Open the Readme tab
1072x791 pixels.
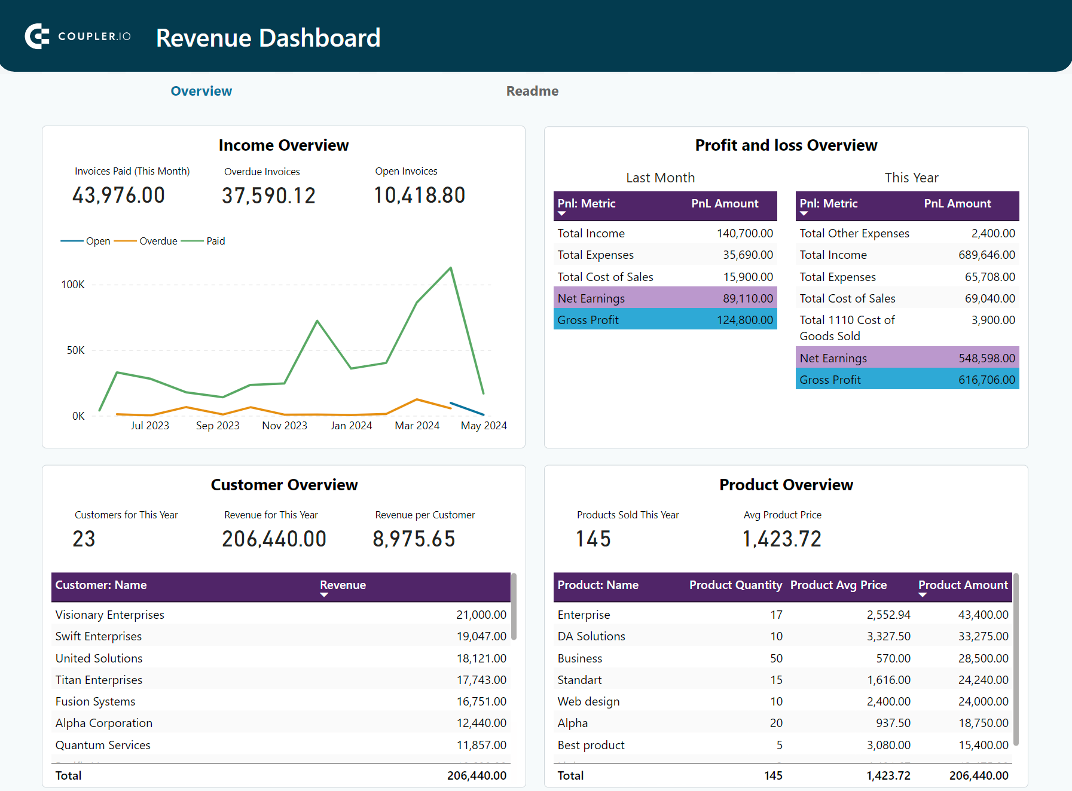(532, 91)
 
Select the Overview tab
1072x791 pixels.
(201, 91)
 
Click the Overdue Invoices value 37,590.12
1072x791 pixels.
(268, 196)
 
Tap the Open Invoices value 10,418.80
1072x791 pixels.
(419, 196)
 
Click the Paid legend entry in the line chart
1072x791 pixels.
(215, 241)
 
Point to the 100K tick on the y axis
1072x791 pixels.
(73, 285)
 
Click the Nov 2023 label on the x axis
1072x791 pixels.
(285, 426)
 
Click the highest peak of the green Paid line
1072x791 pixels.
(450, 268)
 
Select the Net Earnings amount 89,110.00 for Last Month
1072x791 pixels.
(747, 298)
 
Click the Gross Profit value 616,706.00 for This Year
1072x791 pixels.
(987, 380)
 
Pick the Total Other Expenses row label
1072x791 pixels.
(854, 233)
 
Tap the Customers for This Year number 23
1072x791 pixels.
(84, 539)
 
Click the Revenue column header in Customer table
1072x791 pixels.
(343, 585)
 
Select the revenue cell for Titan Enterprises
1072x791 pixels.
(481, 680)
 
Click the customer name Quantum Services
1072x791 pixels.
(103, 745)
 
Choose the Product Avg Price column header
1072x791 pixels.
(838, 585)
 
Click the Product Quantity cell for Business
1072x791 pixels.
(776, 658)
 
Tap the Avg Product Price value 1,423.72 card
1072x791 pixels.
(781, 539)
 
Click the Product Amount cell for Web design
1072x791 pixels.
(983, 701)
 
